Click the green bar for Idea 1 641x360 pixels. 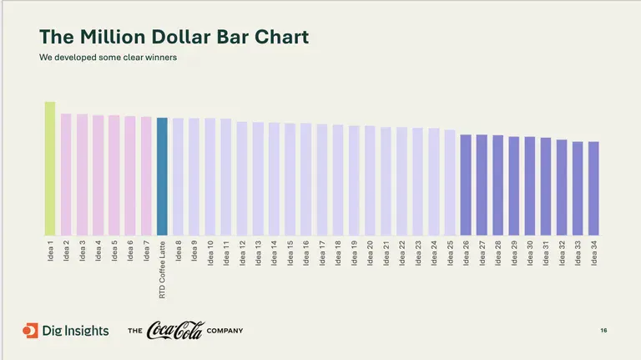[50, 169]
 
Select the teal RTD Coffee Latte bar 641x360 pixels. [162, 176]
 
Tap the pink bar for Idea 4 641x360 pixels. [98, 175]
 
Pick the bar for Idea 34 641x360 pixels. [593, 188]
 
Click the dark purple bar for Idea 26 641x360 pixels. [466, 185]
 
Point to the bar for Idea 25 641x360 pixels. [450, 182]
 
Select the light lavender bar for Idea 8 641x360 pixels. [178, 176]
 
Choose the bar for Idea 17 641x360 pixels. [322, 180]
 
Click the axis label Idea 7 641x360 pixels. [146, 251]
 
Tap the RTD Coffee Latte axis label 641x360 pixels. [162, 269]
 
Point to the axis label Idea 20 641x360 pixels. [370, 252]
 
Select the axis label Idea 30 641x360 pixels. [530, 252]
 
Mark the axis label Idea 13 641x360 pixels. [258, 252]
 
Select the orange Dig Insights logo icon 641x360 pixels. [30, 331]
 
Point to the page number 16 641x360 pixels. [603, 332]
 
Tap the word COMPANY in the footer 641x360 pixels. [225, 332]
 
